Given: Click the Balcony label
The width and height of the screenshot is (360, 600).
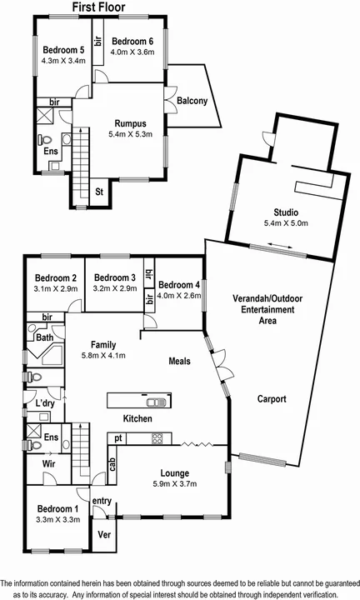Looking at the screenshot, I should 192,102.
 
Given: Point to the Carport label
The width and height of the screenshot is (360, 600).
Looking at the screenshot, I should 272,399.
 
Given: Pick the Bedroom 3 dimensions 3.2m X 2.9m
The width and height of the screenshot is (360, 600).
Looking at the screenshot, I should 114,290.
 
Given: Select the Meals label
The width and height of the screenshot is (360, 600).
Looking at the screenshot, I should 179,361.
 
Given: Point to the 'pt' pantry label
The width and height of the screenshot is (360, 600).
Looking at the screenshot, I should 118,437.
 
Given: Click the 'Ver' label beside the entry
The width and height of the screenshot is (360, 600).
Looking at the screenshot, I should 105,534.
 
